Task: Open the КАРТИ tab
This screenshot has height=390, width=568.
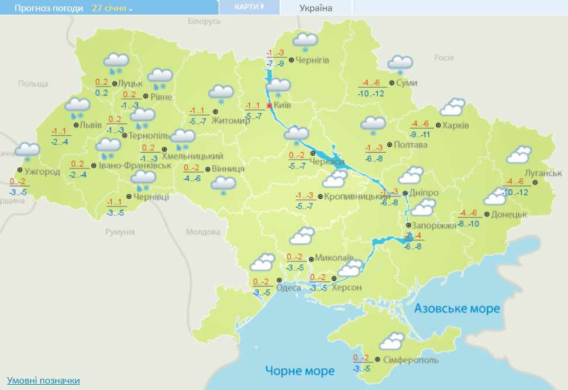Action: (249, 7)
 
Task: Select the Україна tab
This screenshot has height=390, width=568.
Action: (315, 8)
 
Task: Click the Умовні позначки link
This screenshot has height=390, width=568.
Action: (43, 381)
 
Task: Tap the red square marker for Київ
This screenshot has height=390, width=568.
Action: (269, 106)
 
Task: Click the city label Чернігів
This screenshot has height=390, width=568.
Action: (312, 60)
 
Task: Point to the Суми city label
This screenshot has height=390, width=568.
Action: (407, 83)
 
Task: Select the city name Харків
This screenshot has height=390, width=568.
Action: (456, 125)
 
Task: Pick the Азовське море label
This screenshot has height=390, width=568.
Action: (457, 308)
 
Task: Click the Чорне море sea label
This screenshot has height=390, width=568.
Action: (300, 371)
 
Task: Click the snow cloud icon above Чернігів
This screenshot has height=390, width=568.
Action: (305, 41)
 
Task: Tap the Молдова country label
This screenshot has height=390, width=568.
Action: (203, 232)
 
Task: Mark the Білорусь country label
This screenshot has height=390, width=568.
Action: (204, 21)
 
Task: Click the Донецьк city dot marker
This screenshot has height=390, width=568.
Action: (487, 215)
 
